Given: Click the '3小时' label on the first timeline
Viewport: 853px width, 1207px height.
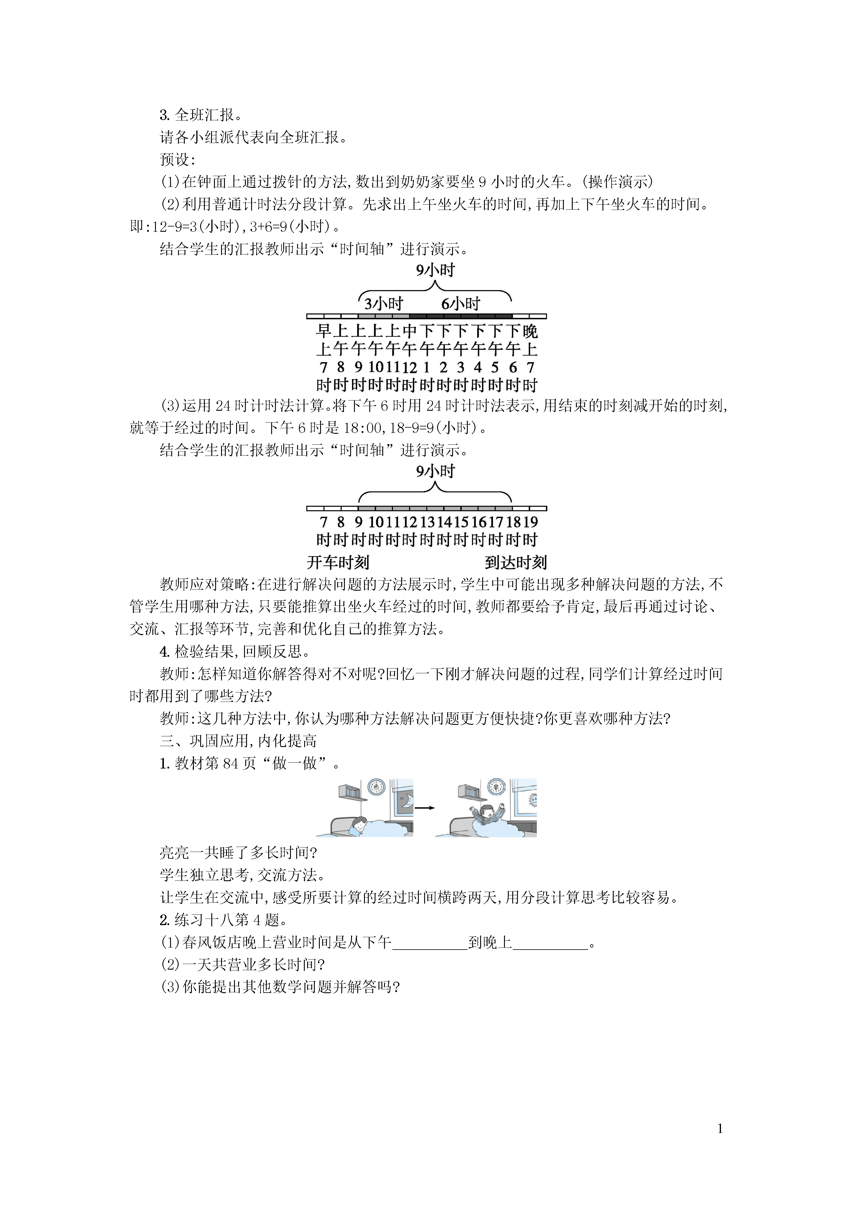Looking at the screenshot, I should [384, 303].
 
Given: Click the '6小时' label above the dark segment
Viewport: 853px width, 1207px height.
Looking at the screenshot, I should [460, 303].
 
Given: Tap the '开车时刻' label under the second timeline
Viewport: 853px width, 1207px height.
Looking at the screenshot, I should [338, 562].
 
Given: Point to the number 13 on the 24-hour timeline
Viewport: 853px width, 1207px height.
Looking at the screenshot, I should [427, 522].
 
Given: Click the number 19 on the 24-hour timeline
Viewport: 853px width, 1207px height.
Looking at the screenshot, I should [531, 522].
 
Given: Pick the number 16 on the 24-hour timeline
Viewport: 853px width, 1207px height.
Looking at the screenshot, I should [479, 522].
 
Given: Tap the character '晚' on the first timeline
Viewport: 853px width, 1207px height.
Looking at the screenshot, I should [530, 331].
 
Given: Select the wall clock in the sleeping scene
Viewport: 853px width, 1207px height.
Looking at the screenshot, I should [377, 787].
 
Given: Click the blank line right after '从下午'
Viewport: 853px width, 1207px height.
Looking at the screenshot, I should [430, 944].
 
